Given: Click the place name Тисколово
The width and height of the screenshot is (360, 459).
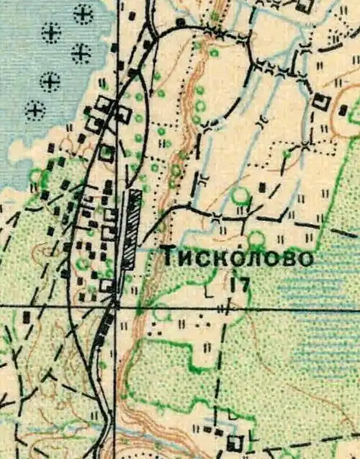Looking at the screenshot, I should [x=237, y=258].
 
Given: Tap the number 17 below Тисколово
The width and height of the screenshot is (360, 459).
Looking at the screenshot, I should [x=241, y=284].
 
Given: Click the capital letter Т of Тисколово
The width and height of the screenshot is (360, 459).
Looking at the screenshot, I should [x=168, y=257].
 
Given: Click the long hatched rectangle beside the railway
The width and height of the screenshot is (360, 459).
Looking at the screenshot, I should [x=131, y=229].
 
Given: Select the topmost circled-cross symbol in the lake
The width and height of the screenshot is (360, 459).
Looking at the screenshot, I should [x=84, y=13].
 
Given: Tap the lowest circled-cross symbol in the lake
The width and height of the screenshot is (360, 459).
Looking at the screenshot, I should [x=35, y=110].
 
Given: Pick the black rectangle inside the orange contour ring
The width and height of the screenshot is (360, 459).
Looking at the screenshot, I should [x=344, y=111].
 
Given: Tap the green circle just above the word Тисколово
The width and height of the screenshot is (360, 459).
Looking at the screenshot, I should [x=256, y=239].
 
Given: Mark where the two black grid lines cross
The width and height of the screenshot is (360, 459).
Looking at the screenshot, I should [x=117, y=306].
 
